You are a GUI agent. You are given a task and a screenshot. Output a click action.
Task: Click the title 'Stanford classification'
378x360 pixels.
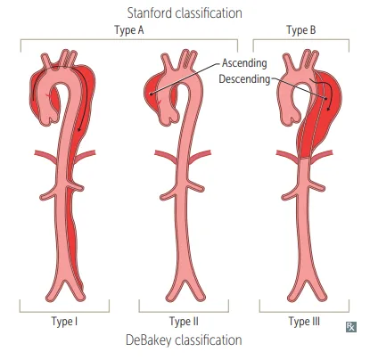tap(185, 13)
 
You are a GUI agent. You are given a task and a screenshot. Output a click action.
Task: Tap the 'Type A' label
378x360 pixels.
tap(129, 30)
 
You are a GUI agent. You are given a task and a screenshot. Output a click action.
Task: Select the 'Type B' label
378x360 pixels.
tap(301, 30)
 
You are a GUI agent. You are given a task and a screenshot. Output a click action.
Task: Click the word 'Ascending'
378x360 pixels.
tap(244, 63)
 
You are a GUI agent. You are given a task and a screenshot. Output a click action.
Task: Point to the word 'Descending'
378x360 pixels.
tap(244, 79)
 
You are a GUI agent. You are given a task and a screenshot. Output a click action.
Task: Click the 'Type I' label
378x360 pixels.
tap(64, 322)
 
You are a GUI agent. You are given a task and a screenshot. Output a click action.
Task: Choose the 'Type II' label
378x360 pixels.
tap(184, 322)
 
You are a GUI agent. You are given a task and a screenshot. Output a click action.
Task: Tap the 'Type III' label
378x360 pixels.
tap(304, 322)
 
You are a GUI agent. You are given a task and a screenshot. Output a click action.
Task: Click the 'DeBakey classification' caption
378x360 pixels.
tap(184, 340)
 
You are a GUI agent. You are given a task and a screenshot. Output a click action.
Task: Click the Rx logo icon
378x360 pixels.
tap(351, 327)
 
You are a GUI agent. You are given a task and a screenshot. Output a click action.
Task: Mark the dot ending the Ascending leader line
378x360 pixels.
tap(151, 94)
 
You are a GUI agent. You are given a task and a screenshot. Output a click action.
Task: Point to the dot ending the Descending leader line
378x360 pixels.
tap(326, 98)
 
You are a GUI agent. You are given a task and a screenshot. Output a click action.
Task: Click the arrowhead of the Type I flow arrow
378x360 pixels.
tap(79, 129)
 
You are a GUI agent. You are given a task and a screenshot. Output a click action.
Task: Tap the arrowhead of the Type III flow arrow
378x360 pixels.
tap(328, 108)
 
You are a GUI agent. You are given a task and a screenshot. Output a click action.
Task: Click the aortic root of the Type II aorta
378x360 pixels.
tap(168, 118)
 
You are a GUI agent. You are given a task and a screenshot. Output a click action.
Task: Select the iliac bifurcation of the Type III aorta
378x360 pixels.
tap(307, 283)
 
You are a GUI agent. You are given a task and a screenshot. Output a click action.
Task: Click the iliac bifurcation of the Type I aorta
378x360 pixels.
tap(65, 283)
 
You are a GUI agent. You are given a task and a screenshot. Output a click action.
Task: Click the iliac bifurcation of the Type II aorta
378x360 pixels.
tap(185, 283)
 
